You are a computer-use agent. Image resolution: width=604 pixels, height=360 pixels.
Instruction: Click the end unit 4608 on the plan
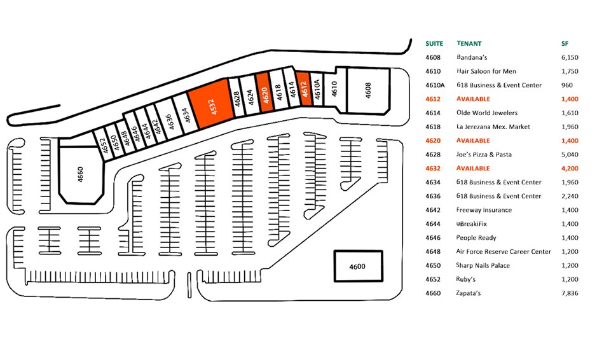pos(367,90)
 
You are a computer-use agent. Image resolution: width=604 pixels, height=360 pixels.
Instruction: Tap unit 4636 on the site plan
pos(168,120)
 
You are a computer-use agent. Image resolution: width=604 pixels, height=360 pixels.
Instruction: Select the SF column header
pos(563,44)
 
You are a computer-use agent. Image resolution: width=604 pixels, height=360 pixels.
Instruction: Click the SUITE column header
pos(434,44)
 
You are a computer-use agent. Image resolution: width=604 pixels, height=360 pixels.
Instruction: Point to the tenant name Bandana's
pos(471,57)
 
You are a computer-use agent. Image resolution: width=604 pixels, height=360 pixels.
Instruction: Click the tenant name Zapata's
pos(470,293)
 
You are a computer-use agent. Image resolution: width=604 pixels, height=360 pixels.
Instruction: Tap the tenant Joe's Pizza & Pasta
pos(484,155)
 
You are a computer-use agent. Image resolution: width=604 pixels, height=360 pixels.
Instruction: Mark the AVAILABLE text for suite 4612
pos(473,99)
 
